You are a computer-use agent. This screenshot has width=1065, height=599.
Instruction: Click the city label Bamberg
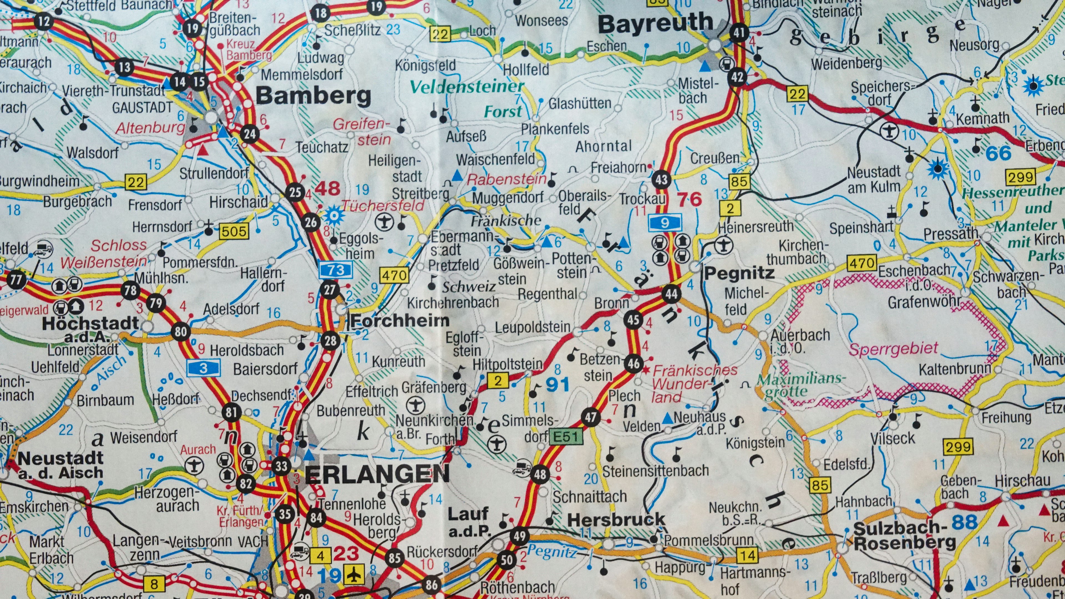pos(313,96)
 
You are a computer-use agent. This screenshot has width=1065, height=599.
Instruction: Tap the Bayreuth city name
pos(656,24)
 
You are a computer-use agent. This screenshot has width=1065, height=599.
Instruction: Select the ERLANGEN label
pos(377,474)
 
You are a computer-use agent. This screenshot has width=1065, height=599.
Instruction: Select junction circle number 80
pos(181,331)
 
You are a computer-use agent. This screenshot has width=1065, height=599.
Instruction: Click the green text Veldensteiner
pos(466,87)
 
